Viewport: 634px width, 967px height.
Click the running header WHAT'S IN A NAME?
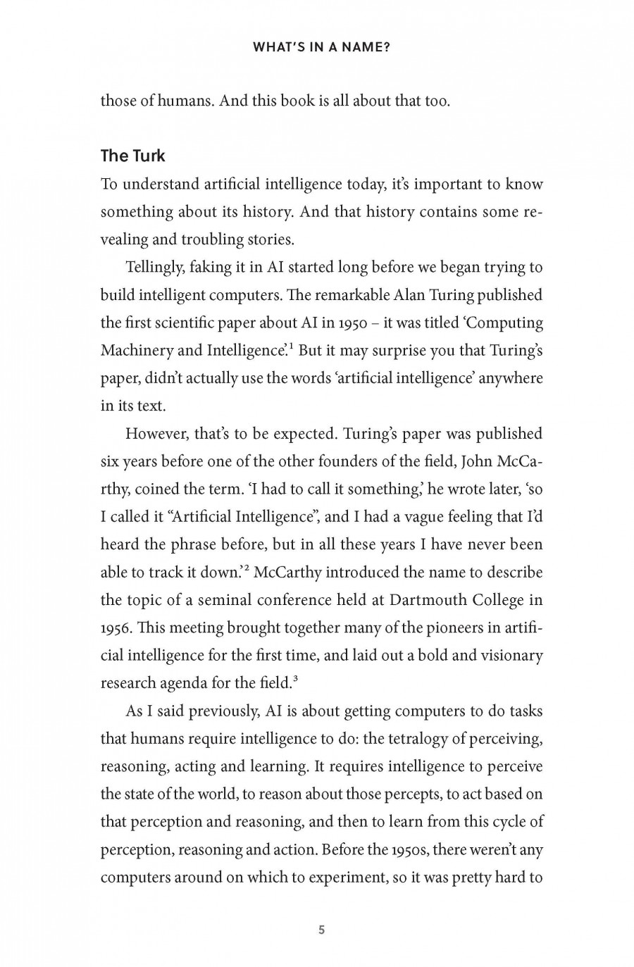(321, 49)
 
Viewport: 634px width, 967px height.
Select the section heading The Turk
(132, 156)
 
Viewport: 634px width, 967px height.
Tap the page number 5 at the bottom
(322, 930)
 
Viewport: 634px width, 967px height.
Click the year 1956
(116, 628)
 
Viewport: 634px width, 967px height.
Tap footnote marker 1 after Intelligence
(292, 346)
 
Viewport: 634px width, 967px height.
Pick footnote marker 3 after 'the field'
(296, 678)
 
